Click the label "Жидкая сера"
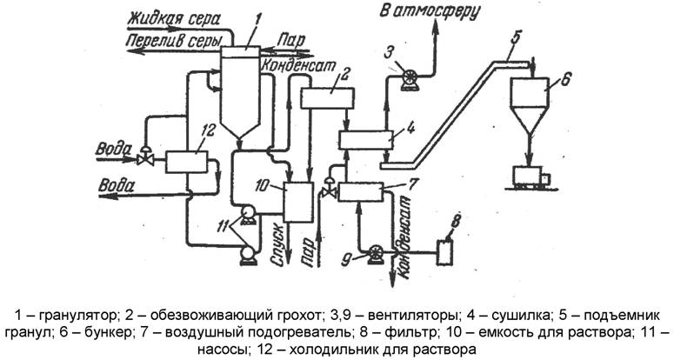173,18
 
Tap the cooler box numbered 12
188,161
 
